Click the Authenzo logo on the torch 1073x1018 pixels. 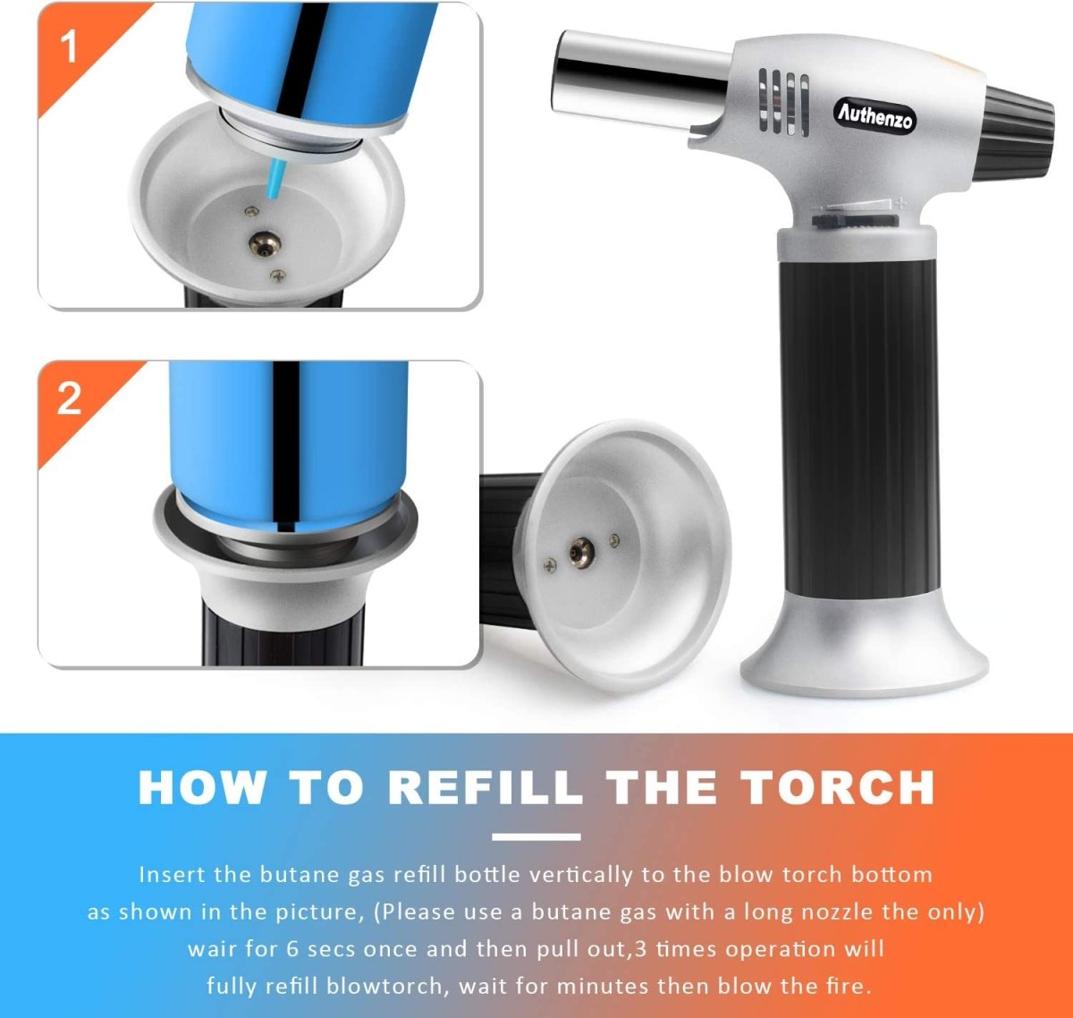[x=874, y=115]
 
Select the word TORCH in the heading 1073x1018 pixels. [x=838, y=788]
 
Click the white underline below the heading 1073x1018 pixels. [x=536, y=837]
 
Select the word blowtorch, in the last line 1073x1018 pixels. [x=384, y=987]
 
